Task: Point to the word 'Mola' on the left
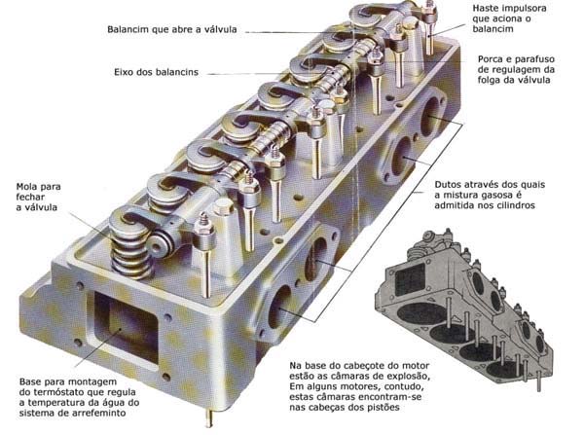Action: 29,186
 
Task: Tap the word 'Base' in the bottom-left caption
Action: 34,381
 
